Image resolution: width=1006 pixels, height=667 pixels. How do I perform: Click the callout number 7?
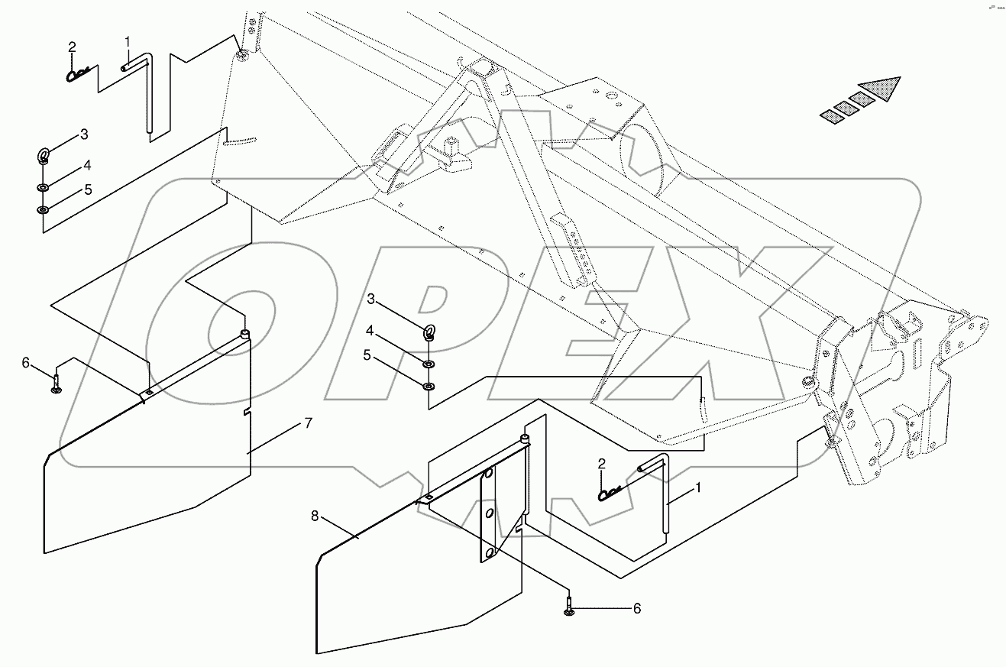pyautogui.click(x=308, y=424)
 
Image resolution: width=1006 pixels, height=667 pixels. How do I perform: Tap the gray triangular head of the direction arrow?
pyautogui.click(x=881, y=89)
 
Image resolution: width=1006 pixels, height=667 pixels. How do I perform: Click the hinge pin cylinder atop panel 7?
pyautogui.click(x=245, y=333)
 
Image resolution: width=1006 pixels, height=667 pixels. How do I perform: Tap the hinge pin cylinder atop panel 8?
pyautogui.click(x=524, y=439)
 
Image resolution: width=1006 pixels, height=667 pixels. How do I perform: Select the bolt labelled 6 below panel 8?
pyautogui.click(x=570, y=610)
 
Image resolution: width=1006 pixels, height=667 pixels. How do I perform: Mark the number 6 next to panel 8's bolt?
pyautogui.click(x=636, y=609)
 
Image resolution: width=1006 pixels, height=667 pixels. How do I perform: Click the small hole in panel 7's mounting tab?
pyautogui.click(x=150, y=393)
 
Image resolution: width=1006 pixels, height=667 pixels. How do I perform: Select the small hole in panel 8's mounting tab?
pyautogui.click(x=429, y=498)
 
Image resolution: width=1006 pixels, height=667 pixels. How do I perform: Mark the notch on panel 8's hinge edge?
pyautogui.click(x=519, y=527)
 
